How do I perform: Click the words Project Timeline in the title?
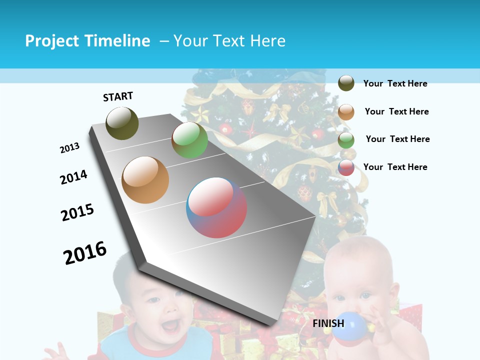tap(87, 41)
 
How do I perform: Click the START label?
tap(118, 96)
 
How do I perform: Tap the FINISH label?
tap(328, 323)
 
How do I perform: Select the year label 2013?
tap(69, 148)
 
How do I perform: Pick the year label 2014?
tap(73, 177)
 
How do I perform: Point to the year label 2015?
tap(77, 212)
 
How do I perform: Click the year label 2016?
tap(85, 253)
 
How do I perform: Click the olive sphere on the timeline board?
tap(122, 123)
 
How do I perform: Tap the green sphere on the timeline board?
tap(189, 140)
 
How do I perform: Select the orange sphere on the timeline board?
tap(145, 180)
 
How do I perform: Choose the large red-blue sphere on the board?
tap(216, 207)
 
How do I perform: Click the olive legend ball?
tap(346, 83)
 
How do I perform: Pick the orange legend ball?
tap(346, 112)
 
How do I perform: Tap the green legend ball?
tap(346, 139)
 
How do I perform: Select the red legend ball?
tap(346, 167)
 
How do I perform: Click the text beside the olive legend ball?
tap(395, 83)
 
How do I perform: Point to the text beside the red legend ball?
tap(395, 167)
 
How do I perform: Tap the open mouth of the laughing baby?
tap(169, 325)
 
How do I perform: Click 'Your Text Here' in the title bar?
tap(229, 41)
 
